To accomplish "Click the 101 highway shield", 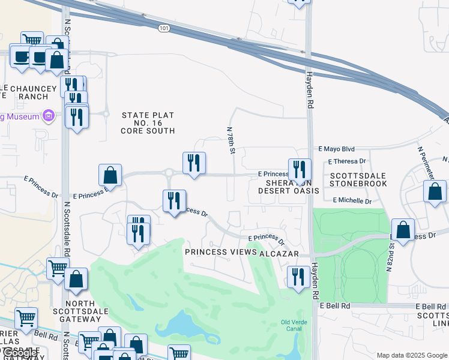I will (164, 28).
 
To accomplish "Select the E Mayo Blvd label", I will (337, 149).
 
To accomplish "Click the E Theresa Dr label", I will (347, 161).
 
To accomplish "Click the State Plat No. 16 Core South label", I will (148, 123).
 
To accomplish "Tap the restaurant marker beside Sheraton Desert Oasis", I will (299, 170).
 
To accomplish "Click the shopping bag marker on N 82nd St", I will (403, 230).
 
